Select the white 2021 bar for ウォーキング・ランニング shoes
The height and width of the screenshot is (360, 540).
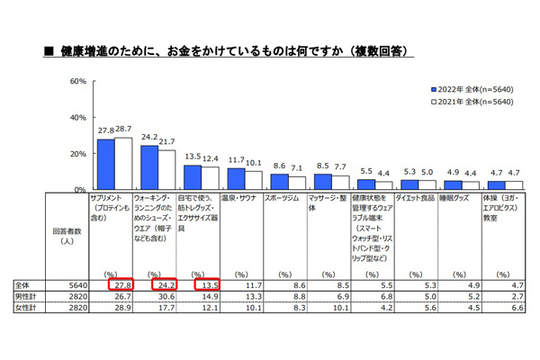[166, 170]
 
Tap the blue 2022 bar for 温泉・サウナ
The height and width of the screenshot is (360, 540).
[237, 179]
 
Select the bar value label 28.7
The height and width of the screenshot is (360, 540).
[122, 130]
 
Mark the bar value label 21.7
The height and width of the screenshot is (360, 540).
[166, 142]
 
